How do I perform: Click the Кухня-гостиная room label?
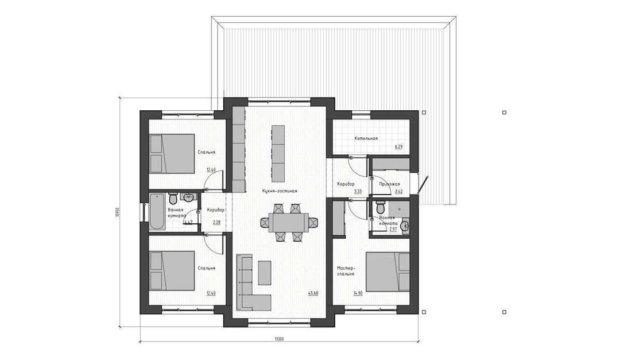279,191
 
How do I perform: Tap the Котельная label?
366,138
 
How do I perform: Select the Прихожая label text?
389,184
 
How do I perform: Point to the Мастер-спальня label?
346,271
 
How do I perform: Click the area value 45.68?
313,293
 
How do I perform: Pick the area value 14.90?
358,293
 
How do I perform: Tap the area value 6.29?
398,147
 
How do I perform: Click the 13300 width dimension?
279,339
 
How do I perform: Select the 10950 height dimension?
117,212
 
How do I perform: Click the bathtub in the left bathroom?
157,212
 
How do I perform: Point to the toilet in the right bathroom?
381,207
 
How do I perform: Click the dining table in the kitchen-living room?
289,223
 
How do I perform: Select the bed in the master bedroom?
387,272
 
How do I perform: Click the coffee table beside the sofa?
265,272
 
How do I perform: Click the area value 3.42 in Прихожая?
398,191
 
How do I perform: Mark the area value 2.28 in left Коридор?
216,222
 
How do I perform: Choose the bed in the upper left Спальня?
172,153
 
